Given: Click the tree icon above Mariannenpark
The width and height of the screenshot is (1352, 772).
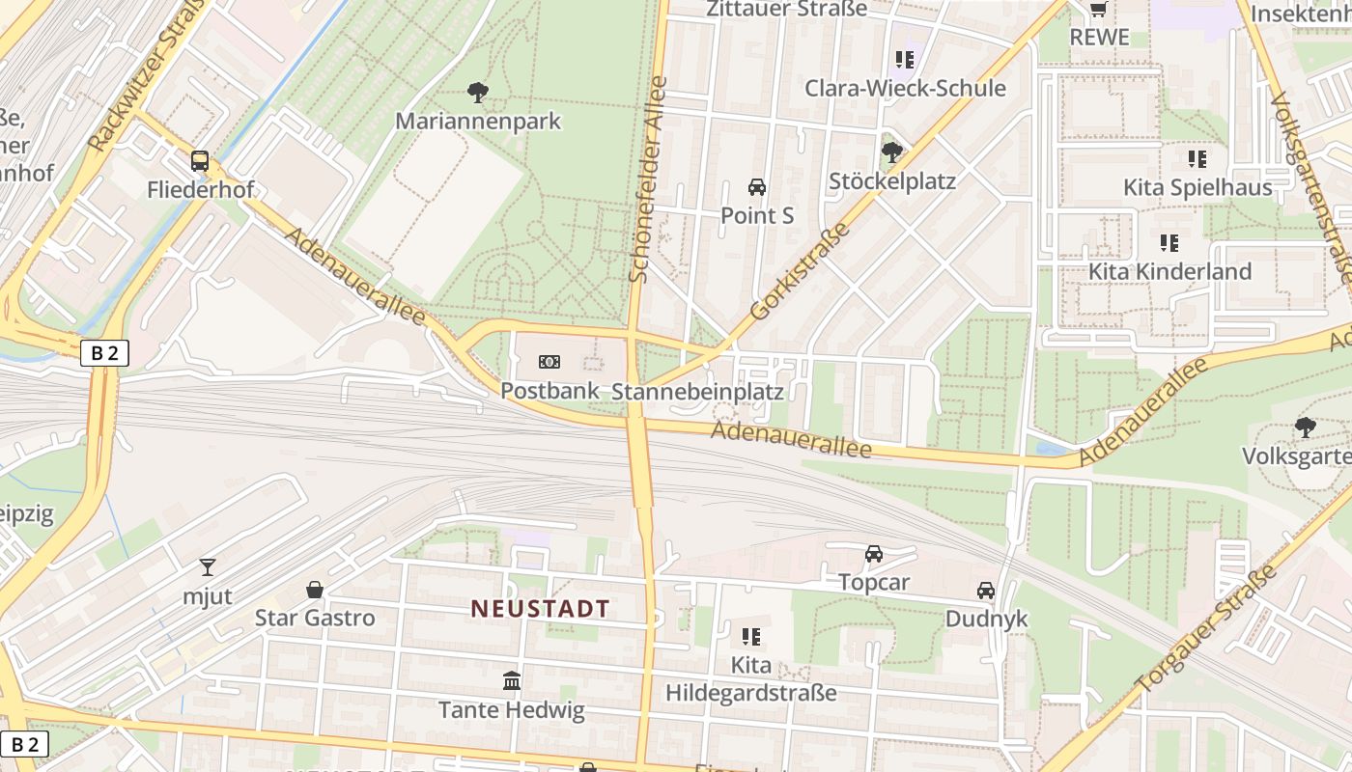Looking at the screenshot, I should click(477, 93).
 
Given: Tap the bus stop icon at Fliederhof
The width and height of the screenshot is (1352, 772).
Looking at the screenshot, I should click(200, 161).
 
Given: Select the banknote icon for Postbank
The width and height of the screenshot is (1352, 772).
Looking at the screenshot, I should click(549, 362).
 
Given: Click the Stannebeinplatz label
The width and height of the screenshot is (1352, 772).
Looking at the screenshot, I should click(697, 391).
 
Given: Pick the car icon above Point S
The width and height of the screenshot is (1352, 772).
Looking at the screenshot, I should click(757, 186).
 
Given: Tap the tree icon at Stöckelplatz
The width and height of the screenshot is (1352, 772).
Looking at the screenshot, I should click(892, 152).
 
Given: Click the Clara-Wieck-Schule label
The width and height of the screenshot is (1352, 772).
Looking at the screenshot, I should click(905, 88).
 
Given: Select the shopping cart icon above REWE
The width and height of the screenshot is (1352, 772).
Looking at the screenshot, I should click(1098, 10).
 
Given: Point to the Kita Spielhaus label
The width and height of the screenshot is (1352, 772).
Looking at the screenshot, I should click(1197, 187).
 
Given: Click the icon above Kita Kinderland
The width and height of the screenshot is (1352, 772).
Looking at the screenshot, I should click(1169, 243).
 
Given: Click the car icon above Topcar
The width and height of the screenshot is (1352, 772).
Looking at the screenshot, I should click(874, 554).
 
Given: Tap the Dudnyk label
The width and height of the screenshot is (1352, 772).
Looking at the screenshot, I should click(986, 619).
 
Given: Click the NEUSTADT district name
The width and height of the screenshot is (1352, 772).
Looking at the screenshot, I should click(540, 608).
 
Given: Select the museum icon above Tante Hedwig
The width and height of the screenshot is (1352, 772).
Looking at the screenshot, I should click(512, 681).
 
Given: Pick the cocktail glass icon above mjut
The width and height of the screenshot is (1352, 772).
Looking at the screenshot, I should click(208, 567).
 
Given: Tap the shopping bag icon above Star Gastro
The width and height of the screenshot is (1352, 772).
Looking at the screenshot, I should click(315, 590).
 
